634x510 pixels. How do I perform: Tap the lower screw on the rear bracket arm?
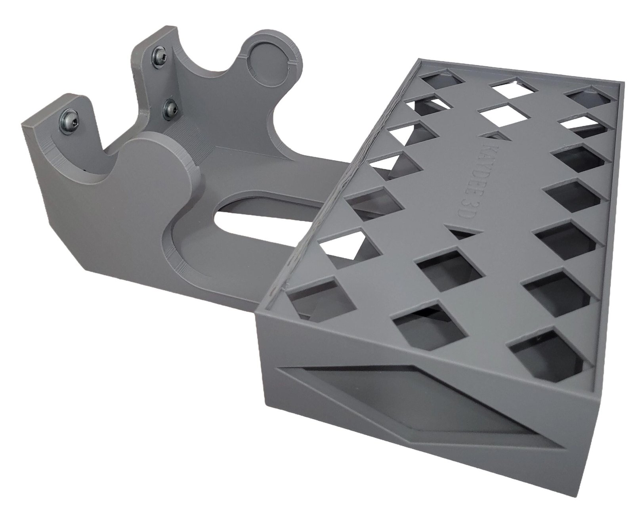click(170, 109)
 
